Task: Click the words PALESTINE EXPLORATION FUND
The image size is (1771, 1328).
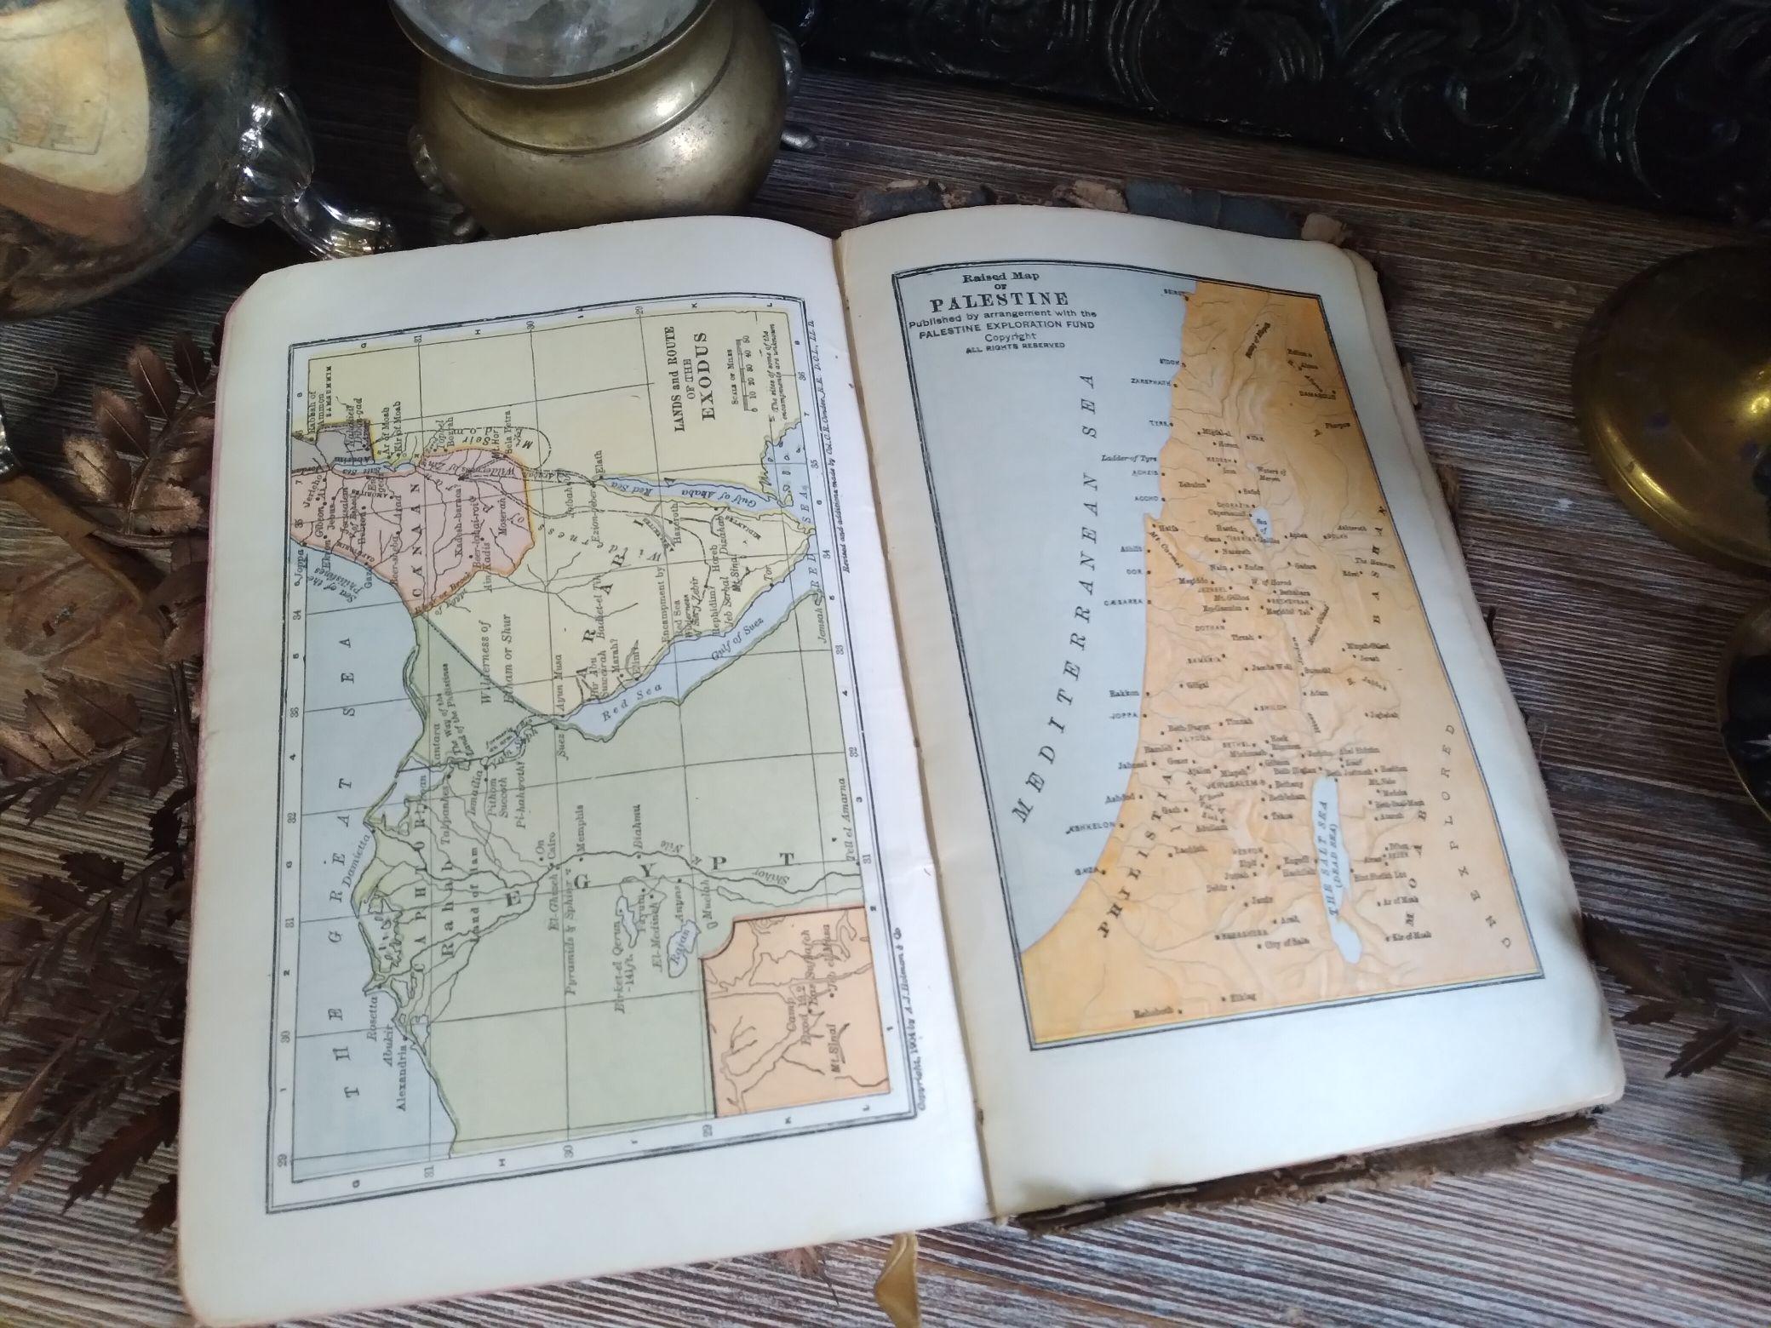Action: click(x=991, y=325)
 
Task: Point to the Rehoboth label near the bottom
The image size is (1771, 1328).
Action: click(x=1159, y=1013)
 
